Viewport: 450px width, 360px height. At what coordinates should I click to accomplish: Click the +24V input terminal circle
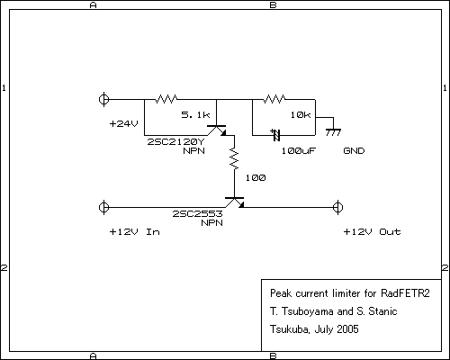tap(103, 99)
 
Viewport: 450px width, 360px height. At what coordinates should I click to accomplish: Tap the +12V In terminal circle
tap(103, 207)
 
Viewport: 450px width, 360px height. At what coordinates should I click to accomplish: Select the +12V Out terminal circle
tap(337, 207)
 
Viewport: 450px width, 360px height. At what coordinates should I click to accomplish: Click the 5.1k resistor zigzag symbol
tap(166, 99)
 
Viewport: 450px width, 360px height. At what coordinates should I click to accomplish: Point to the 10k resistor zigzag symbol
tap(274, 99)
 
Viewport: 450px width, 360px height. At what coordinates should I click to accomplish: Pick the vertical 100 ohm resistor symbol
tap(234, 158)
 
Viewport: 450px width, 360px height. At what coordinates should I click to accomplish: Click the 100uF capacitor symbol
tap(276, 135)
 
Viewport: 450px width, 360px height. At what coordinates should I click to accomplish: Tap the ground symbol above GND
tap(333, 132)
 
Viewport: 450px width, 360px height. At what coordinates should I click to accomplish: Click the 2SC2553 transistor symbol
tap(235, 202)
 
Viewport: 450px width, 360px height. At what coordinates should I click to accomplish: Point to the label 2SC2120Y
tap(175, 141)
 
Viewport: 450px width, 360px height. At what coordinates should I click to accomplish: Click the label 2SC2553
tap(197, 213)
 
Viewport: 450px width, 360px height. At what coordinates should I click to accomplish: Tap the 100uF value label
tap(299, 150)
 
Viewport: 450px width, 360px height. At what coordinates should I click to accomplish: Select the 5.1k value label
tap(195, 114)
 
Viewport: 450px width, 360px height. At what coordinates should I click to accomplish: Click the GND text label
tap(354, 150)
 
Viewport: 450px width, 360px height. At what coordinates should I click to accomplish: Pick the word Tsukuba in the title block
tap(289, 329)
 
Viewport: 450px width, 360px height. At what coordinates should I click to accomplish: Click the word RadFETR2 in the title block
tap(405, 293)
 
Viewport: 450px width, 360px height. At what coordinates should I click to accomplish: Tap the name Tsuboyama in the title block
tap(308, 311)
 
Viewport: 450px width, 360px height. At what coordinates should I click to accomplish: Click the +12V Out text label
tap(372, 231)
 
